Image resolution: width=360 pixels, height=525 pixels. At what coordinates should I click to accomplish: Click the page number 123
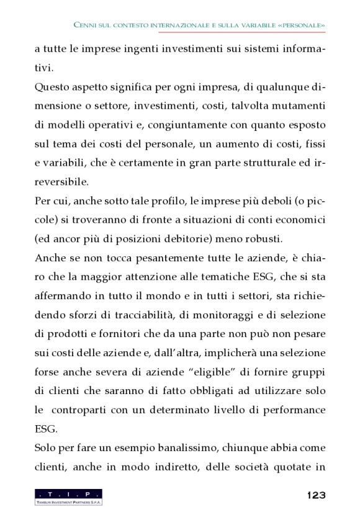coord(316,495)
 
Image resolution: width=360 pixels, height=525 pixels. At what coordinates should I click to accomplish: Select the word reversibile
coord(61,182)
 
